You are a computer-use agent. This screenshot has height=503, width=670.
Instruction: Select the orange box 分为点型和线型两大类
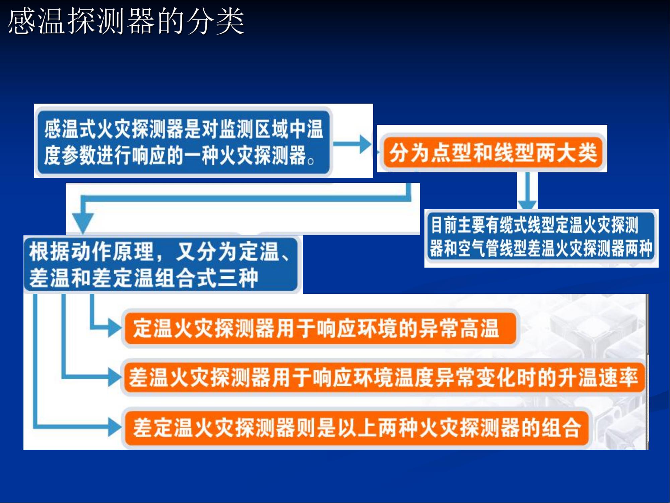pos(493,153)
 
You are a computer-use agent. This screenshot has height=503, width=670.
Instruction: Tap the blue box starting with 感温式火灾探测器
pos(184,142)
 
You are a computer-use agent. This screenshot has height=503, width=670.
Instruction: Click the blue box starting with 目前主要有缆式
pos(541,237)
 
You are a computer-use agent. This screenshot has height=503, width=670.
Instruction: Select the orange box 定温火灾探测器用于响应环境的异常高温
pos(320,328)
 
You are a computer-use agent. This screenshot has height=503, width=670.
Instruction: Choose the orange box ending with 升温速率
pos(384,378)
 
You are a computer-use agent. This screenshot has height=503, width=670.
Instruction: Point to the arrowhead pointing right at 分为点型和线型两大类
pos(365,144)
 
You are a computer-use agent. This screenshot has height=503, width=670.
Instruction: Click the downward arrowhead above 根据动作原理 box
pos(83,222)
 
